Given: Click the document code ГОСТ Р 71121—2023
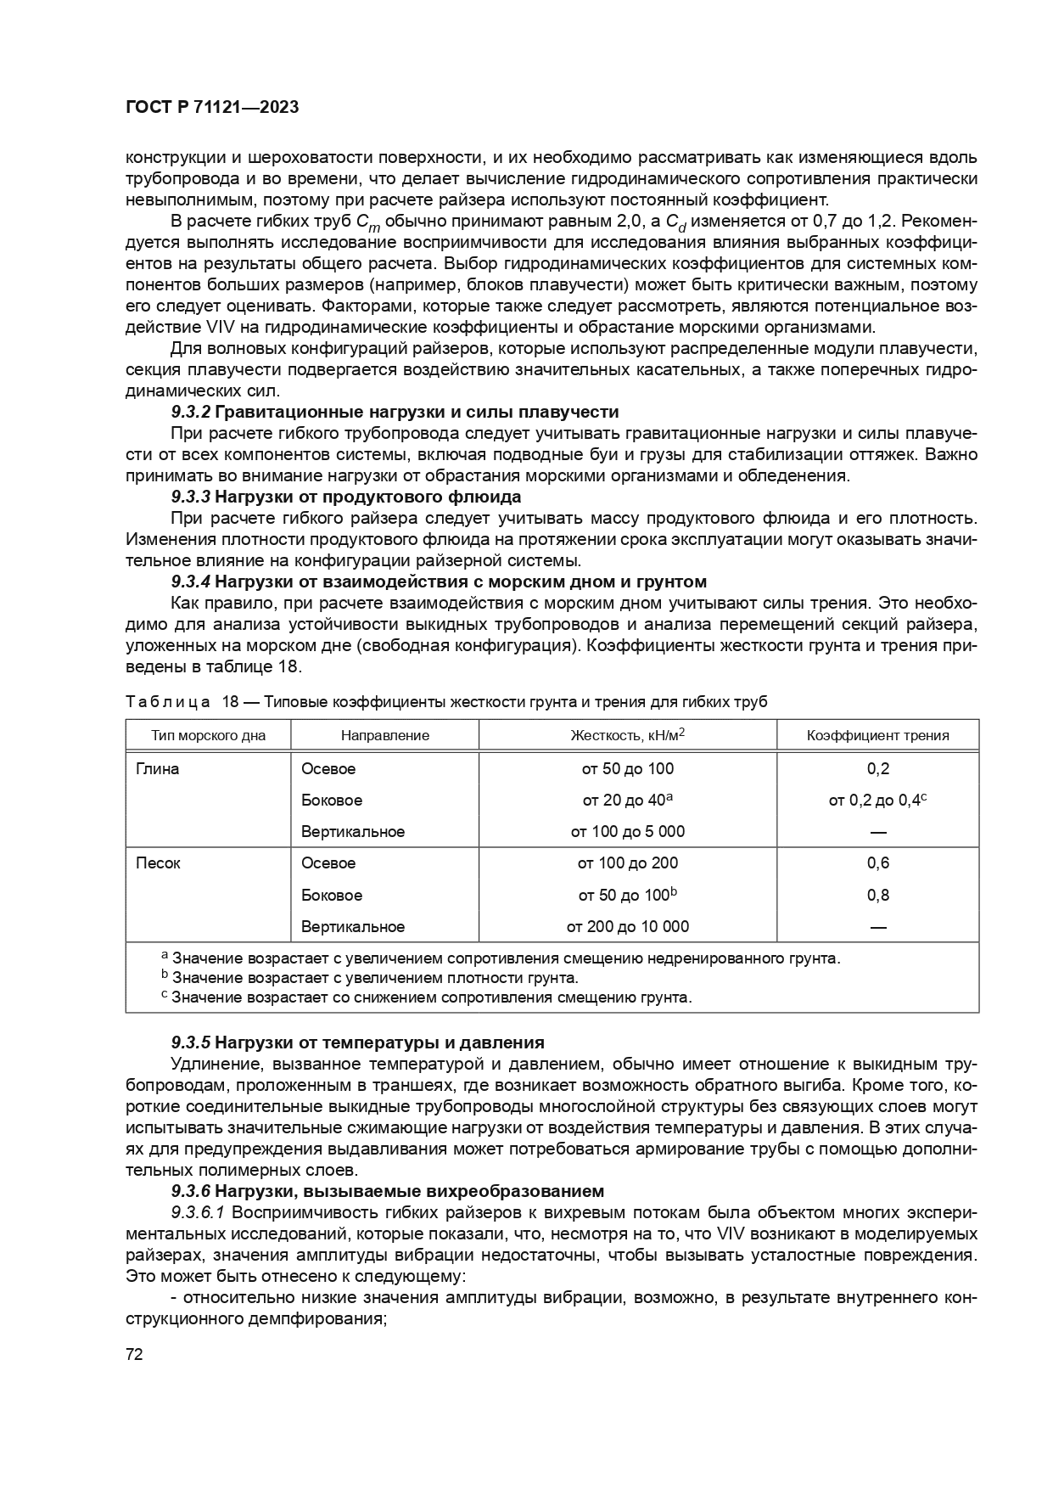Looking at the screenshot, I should (x=211, y=108).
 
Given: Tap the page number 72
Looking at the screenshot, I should (x=134, y=1353).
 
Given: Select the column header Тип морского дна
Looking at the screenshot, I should (x=208, y=735).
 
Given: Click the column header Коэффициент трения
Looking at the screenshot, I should (x=877, y=735).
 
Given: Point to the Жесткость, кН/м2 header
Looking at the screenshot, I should (x=627, y=734).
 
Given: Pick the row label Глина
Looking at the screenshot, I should (x=158, y=768).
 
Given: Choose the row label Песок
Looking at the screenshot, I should (x=158, y=863).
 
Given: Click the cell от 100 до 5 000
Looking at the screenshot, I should (x=627, y=831).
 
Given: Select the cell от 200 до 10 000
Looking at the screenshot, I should (x=627, y=926).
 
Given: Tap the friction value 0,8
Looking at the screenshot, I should (x=877, y=895).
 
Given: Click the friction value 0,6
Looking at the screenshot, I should (x=877, y=863).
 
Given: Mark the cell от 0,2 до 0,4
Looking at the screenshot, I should (x=875, y=800).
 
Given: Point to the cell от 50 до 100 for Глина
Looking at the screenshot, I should (x=627, y=768).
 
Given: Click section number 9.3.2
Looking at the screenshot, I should (x=191, y=412).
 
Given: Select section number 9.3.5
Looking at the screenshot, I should (x=191, y=1042).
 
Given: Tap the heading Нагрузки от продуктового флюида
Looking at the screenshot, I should (x=367, y=497).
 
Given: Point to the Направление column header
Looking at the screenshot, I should (x=384, y=735).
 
